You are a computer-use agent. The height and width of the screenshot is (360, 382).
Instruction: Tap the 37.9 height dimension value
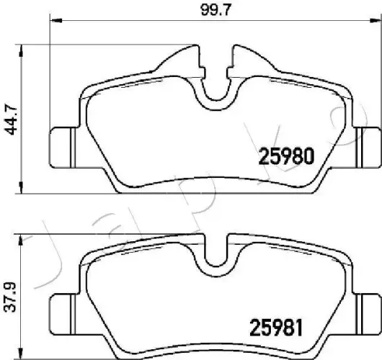coord(10,293)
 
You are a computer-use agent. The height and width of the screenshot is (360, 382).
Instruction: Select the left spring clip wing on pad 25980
coord(180,58)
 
